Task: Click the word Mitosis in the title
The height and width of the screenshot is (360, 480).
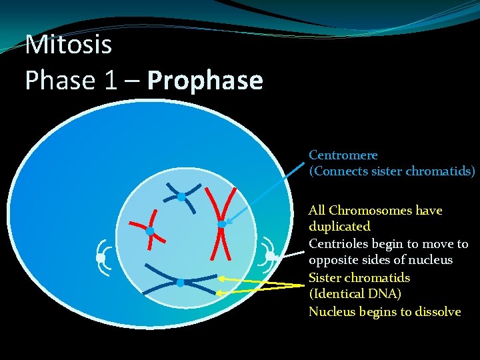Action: coord(68,45)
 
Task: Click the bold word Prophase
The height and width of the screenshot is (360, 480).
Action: coord(205,81)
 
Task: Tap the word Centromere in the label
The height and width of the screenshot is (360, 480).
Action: coord(343,155)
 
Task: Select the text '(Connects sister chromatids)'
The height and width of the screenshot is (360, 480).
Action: coord(392,171)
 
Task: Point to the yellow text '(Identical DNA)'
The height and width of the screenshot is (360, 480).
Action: coord(355,294)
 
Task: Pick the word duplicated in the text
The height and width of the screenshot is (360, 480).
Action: coord(339,227)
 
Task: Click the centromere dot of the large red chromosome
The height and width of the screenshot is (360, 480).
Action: coord(222,225)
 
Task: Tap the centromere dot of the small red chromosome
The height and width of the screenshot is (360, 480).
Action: coord(150,231)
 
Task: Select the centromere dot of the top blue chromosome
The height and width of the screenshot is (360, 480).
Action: coord(181,197)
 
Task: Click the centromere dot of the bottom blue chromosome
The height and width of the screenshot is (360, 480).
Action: coord(181,283)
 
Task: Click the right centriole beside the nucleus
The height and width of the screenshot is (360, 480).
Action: coord(270,256)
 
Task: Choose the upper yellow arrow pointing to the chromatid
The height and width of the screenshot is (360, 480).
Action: coord(260,281)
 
